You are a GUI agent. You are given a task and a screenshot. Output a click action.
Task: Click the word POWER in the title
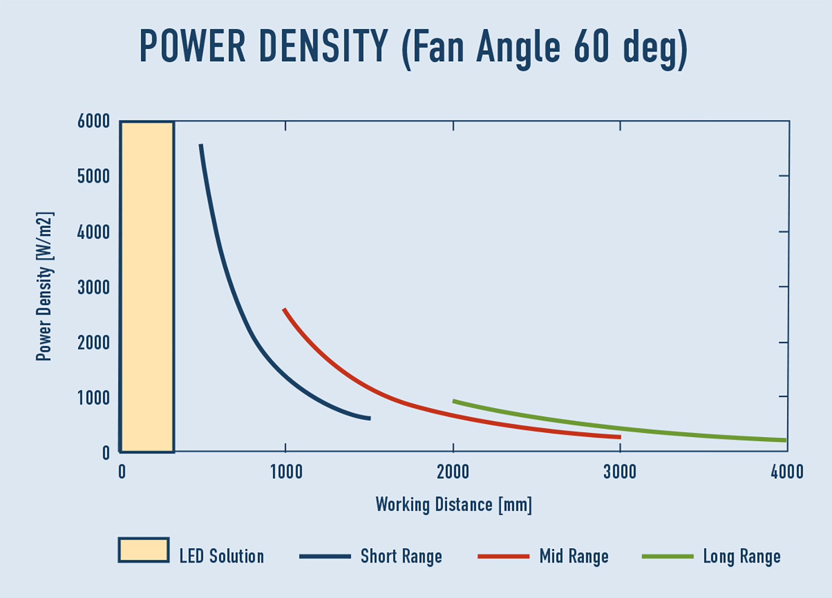tap(192, 47)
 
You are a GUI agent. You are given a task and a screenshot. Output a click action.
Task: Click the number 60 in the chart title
tap(591, 47)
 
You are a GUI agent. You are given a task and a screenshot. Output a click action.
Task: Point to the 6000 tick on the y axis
tap(94, 122)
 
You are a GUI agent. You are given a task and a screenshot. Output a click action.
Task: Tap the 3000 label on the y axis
tap(94, 288)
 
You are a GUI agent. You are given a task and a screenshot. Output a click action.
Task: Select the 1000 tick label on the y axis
tap(94, 398)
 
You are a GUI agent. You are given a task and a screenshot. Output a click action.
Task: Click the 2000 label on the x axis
tap(453, 472)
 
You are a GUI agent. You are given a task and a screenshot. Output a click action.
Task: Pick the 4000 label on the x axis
tap(787, 472)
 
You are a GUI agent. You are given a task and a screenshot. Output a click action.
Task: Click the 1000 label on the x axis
tap(286, 472)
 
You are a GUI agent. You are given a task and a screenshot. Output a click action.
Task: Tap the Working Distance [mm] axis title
tap(454, 505)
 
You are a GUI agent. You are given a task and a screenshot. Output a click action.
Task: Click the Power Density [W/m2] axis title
tap(45, 286)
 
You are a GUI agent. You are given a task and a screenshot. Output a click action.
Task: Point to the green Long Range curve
tap(622, 429)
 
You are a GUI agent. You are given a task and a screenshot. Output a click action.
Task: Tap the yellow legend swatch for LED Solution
tap(144, 550)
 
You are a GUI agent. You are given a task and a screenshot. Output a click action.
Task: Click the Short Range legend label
tap(401, 557)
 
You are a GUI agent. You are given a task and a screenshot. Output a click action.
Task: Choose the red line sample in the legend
tap(503, 557)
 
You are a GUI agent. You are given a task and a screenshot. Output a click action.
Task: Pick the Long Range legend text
tap(741, 557)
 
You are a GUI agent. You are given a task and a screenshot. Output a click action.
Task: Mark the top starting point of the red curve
tap(284, 309)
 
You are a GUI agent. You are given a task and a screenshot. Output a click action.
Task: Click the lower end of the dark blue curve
tap(369, 418)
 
